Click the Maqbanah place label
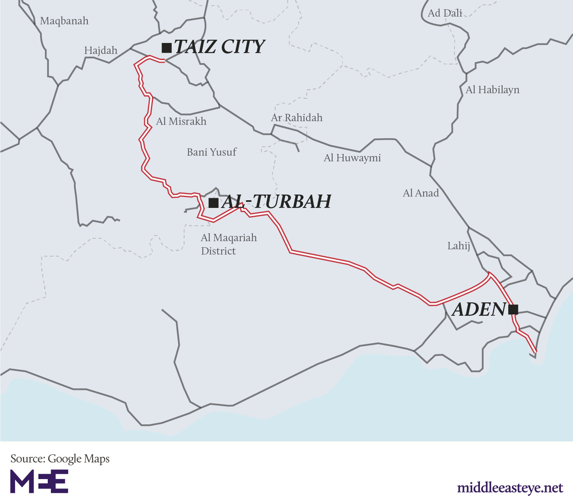pyautogui.click(x=64, y=21)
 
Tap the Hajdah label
pyautogui.click(x=101, y=51)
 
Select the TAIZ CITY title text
pyautogui.click(x=219, y=47)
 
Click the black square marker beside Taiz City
pyautogui.click(x=166, y=48)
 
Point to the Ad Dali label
pyautogui.click(x=445, y=13)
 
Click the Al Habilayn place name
pyautogui.click(x=492, y=90)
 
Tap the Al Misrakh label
pyautogui.click(x=181, y=121)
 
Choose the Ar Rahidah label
pyautogui.click(x=297, y=118)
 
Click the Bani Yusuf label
pyautogui.click(x=212, y=152)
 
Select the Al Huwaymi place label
pyautogui.click(x=352, y=158)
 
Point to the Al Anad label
pyautogui.click(x=420, y=193)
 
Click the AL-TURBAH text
pyautogui.click(x=276, y=201)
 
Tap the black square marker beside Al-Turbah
pyautogui.click(x=213, y=203)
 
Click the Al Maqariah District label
pyautogui.click(x=229, y=244)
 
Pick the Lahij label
pyautogui.click(x=458, y=246)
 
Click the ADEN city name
pyautogui.click(x=478, y=310)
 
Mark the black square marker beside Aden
pyautogui.click(x=513, y=310)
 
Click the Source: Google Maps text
pyautogui.click(x=60, y=459)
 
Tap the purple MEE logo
pyautogui.click(x=39, y=482)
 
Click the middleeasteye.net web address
pyautogui.click(x=510, y=488)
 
